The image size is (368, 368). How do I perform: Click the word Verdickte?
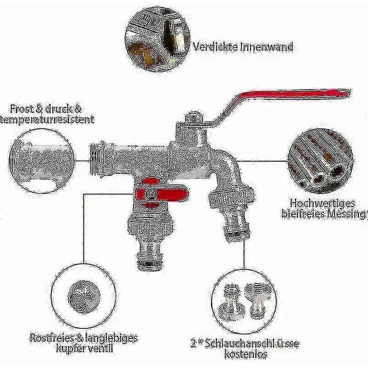tap(215, 47)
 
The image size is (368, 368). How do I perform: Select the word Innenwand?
tap(267, 47)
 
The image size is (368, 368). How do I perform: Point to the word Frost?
tap(22, 109)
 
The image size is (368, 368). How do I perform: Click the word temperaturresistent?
tap(47, 120)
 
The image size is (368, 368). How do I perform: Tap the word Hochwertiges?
tap(323, 204)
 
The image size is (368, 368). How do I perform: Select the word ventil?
tap(98, 348)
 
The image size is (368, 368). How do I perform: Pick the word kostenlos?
tap(246, 354)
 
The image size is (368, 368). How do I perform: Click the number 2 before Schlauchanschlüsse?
tap(193, 344)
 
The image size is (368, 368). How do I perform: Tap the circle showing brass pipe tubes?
tap(321, 161)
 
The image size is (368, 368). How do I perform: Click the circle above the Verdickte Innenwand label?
tap(158, 39)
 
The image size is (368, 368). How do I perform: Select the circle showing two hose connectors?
tap(244, 301)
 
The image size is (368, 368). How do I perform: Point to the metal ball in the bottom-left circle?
tap(84, 297)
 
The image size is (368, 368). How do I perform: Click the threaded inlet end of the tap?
tap(97, 159)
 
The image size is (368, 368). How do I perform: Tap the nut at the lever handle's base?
tap(193, 118)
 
